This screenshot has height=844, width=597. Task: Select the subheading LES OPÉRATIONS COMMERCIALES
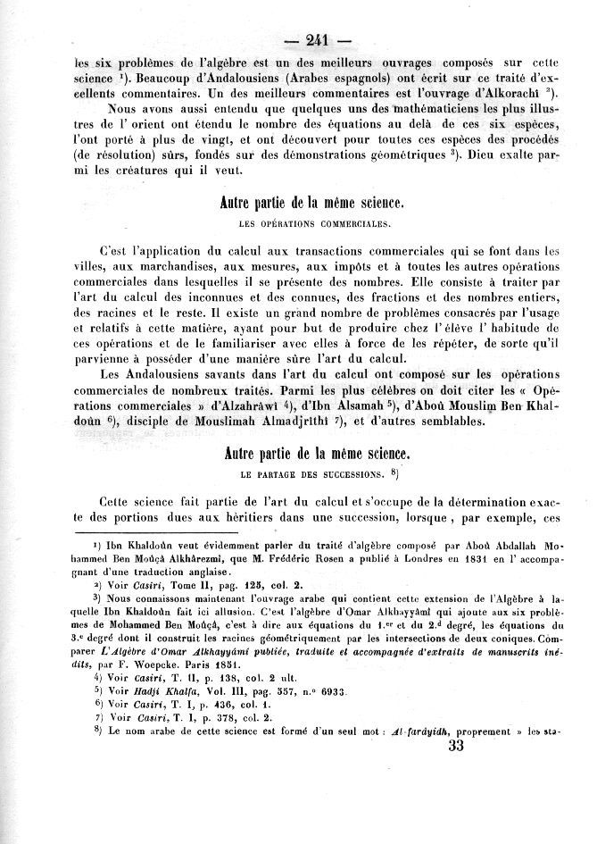tap(318, 222)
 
